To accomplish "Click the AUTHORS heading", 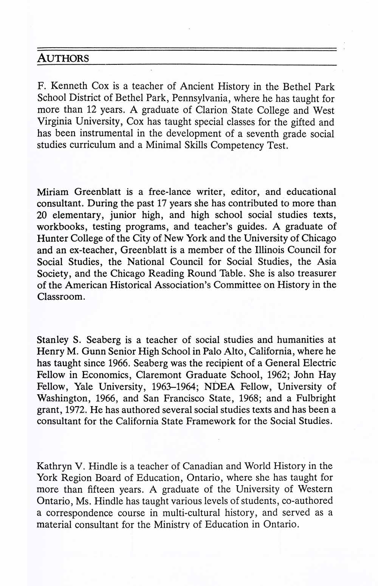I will click(63, 59).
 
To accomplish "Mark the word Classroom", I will click(60, 297).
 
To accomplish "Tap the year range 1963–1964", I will click(171, 387).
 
